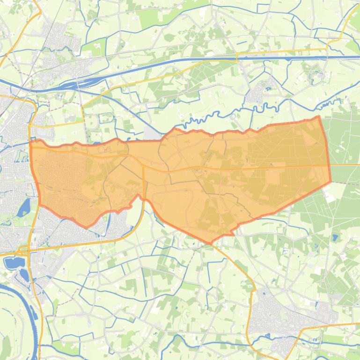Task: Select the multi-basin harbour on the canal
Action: [70, 85]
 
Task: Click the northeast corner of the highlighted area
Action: [319, 117]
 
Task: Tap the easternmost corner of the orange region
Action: [331, 181]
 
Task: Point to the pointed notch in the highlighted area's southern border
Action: [138, 196]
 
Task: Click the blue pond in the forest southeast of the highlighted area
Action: [335, 238]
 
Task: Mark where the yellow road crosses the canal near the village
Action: [237, 58]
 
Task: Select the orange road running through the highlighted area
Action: [234, 167]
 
